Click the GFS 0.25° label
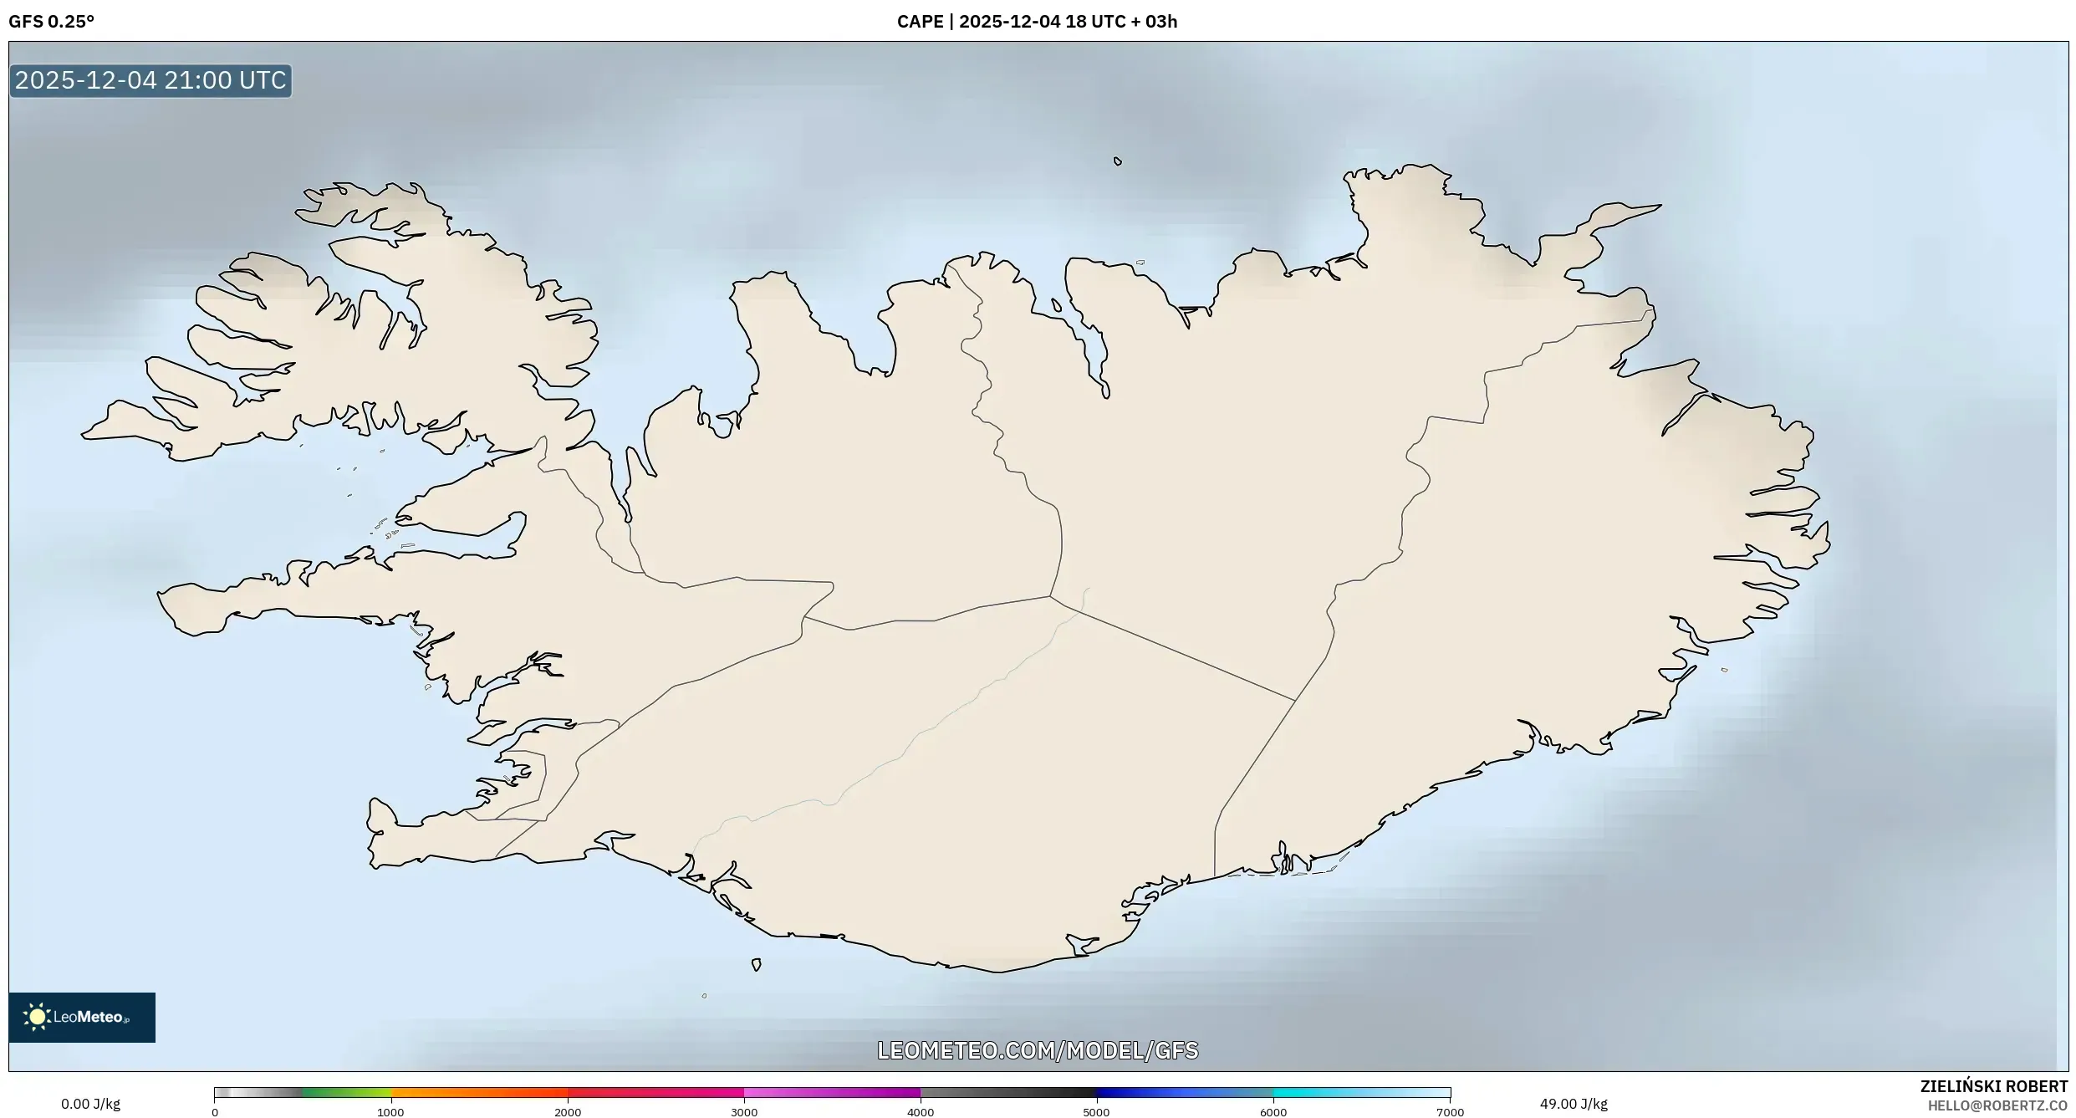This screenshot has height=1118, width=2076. click(x=51, y=22)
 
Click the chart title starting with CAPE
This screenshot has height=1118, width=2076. click(x=1037, y=22)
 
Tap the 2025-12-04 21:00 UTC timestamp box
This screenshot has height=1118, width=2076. click(x=150, y=80)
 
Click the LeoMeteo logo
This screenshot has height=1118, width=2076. click(x=82, y=1017)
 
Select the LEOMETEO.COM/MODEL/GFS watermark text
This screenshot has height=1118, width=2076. click(x=1038, y=1050)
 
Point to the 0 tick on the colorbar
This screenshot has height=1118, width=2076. click(x=215, y=1112)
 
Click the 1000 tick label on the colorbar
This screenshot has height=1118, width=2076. click(x=390, y=1112)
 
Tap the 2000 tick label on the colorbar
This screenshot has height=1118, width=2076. click(x=568, y=1112)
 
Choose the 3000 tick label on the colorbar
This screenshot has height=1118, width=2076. click(x=744, y=1112)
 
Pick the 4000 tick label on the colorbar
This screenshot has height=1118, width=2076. click(x=921, y=1112)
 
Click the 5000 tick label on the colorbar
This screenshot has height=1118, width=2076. click(x=1096, y=1112)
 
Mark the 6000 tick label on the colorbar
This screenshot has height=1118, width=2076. click(x=1273, y=1112)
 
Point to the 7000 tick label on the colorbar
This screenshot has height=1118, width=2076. click(x=1450, y=1112)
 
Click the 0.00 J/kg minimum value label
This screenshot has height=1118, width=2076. click(x=90, y=1104)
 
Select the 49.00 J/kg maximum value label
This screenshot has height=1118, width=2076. click(x=1574, y=1104)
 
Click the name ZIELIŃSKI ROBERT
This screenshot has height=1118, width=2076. click(x=1993, y=1086)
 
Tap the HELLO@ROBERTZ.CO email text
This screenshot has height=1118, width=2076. click(x=1997, y=1105)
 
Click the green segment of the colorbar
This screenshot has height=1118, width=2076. click(x=347, y=1092)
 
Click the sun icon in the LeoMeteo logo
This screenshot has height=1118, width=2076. click(x=37, y=1017)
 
